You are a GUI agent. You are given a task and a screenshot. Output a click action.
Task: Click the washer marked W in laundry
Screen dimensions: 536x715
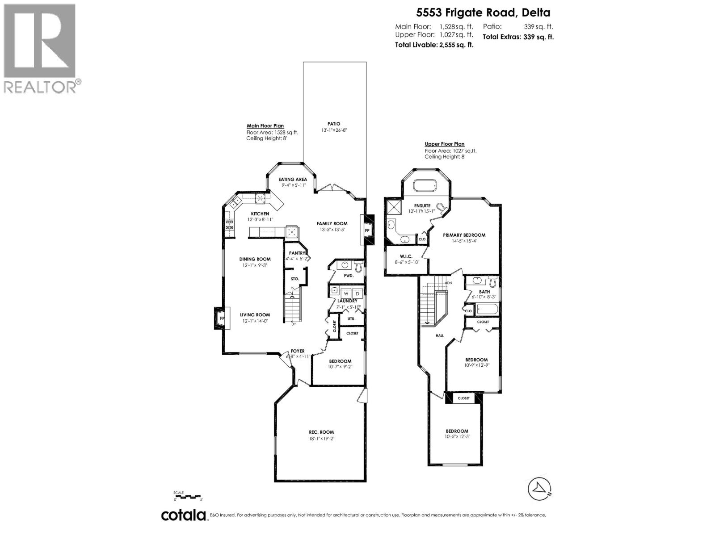346,293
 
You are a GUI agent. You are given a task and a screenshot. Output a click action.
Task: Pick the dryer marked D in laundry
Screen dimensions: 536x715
357,293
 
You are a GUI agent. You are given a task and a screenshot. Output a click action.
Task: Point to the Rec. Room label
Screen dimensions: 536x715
321,432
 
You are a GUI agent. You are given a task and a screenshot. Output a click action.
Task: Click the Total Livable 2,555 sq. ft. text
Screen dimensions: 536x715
434,44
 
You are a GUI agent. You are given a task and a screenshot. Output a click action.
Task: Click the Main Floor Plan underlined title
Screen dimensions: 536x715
265,126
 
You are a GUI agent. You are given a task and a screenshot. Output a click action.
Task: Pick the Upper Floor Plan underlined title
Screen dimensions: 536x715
444,144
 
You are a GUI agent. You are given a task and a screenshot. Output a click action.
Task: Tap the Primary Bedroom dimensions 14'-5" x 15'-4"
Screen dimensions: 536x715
464,241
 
